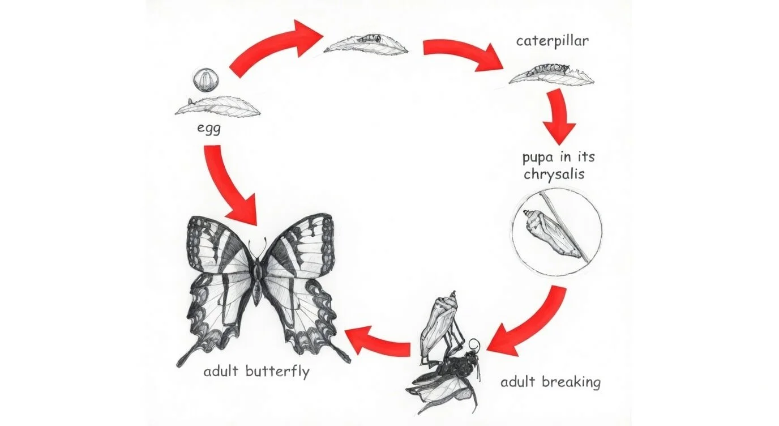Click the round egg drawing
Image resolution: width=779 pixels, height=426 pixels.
202,80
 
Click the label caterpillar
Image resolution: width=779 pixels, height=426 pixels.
544,41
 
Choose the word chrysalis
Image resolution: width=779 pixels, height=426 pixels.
554,174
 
